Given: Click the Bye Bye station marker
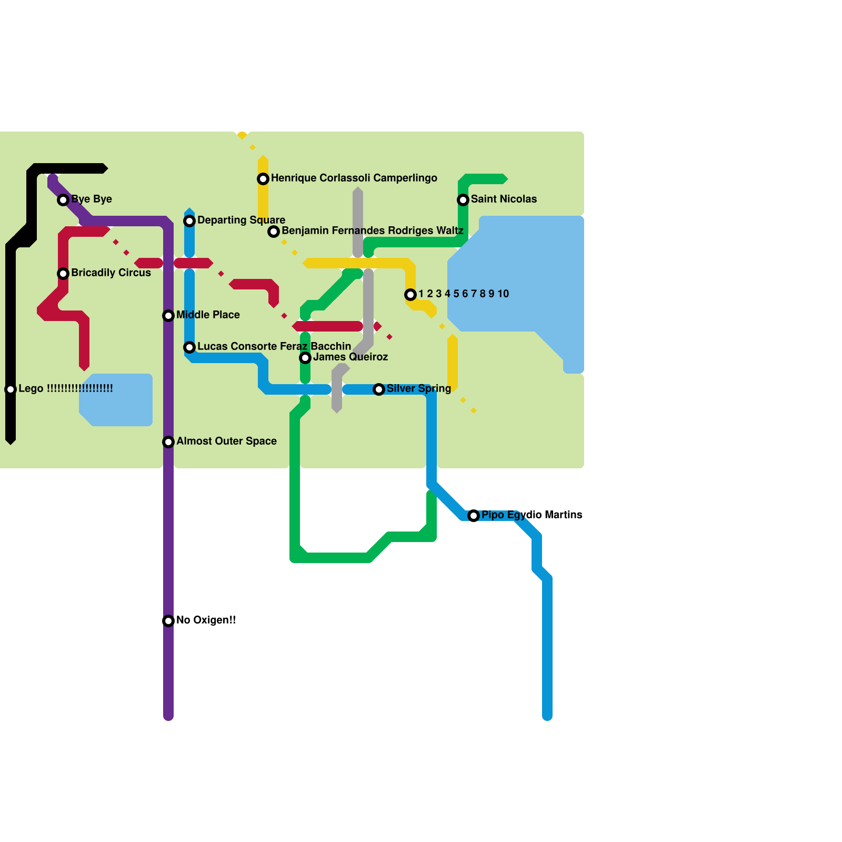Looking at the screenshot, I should (x=63, y=200).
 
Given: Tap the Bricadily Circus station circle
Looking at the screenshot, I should (x=63, y=274).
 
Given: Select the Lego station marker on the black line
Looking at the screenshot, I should (x=11, y=389).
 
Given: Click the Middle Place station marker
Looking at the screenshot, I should (x=168, y=316).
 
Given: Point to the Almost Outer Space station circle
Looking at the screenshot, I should (x=168, y=442).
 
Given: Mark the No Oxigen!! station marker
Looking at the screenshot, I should (x=168, y=621).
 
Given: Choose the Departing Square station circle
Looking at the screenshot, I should (x=189, y=221).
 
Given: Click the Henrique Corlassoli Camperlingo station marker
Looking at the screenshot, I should (x=263, y=179).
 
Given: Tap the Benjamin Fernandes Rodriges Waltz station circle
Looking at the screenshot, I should (x=274, y=232).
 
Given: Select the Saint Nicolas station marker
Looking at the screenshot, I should (x=463, y=200).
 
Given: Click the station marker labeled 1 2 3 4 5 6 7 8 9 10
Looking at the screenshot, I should (x=410, y=295).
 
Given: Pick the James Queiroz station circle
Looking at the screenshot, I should (x=305, y=358).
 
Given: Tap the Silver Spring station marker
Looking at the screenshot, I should (x=379, y=389).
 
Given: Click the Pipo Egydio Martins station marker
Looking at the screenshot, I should (x=474, y=516).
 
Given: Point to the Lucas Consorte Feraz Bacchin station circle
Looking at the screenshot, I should (x=189, y=347).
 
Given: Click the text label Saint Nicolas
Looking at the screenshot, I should (x=504, y=199).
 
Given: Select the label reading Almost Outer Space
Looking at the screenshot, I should (x=226, y=441).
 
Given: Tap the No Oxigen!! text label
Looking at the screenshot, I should (x=206, y=620).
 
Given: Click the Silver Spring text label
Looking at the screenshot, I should (x=418, y=388).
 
